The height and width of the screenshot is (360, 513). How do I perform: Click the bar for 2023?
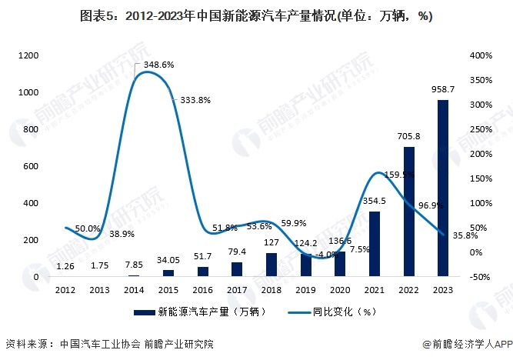tap(443, 188)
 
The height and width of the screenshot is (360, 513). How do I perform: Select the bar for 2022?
tap(408, 211)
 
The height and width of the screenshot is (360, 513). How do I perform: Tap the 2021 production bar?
tap(375, 243)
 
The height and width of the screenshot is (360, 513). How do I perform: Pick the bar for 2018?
tap(271, 264)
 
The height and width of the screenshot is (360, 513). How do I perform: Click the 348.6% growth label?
tap(157, 65)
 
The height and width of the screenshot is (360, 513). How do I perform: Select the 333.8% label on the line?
tap(195, 100)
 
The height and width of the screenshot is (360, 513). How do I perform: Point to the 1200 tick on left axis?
tap(28, 55)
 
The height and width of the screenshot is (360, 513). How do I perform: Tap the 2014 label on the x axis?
tap(134, 290)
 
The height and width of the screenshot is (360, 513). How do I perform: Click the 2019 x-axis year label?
tap(306, 290)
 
